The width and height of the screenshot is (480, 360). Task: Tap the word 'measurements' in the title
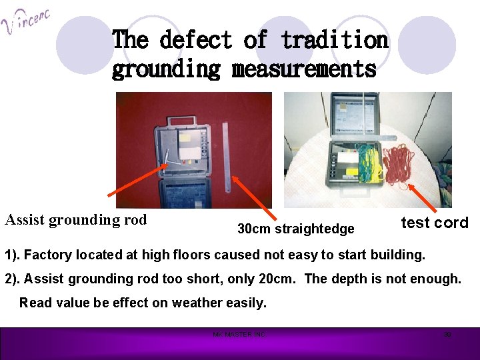304,69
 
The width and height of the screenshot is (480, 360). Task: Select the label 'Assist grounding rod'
76,220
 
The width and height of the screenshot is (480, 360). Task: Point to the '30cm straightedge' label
296,229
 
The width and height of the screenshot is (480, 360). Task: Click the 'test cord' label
435,223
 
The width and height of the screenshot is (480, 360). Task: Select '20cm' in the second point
279,279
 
